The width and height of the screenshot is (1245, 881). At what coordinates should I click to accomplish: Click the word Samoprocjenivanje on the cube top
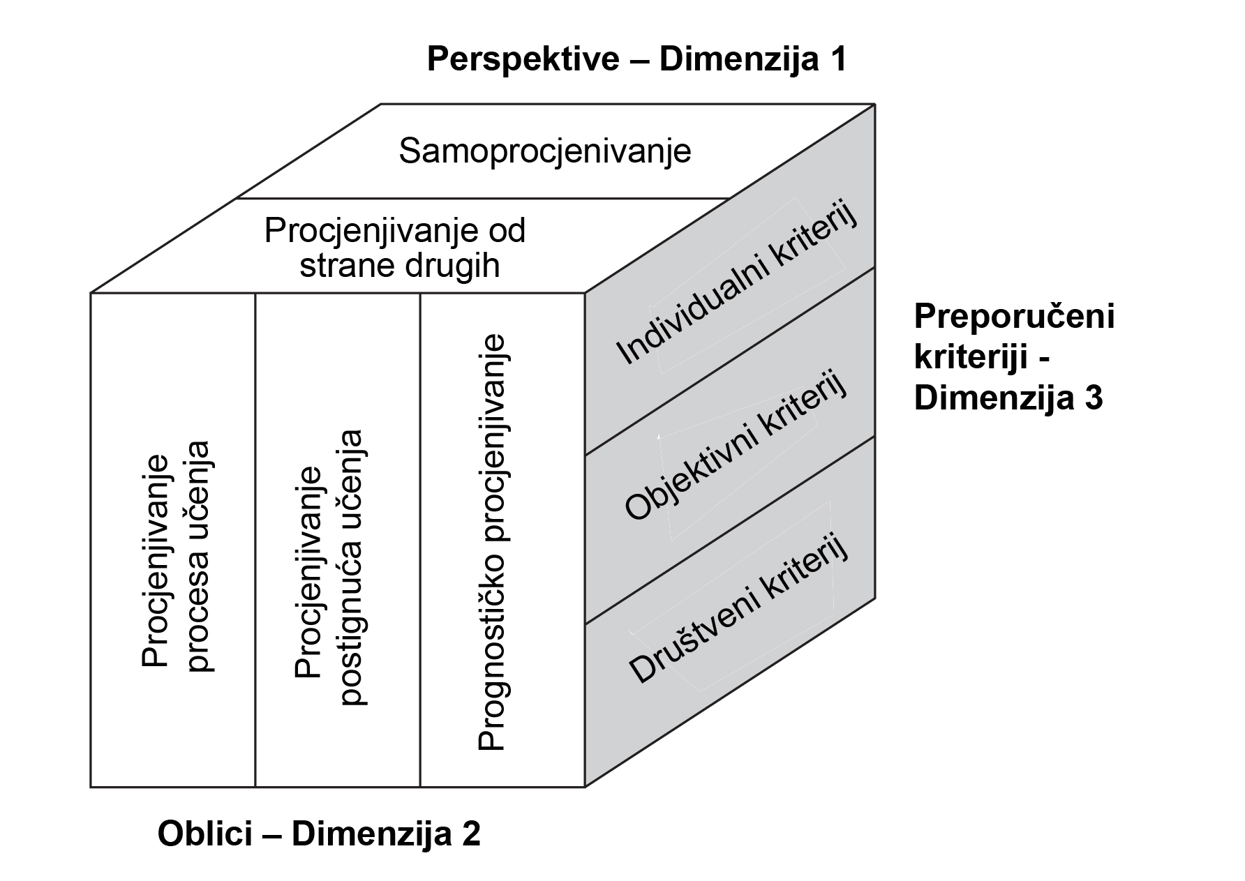click(545, 151)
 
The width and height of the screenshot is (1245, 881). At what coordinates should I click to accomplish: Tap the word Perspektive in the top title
click(523, 59)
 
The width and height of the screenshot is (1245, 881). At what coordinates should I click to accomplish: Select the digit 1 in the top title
click(837, 59)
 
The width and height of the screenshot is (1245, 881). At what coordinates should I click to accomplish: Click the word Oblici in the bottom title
click(214, 834)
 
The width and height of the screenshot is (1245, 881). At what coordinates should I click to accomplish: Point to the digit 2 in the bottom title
click(471, 834)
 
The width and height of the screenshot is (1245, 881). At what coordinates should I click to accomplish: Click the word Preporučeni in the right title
click(1014, 317)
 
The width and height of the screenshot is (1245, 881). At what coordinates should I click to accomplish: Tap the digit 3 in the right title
click(1094, 398)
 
